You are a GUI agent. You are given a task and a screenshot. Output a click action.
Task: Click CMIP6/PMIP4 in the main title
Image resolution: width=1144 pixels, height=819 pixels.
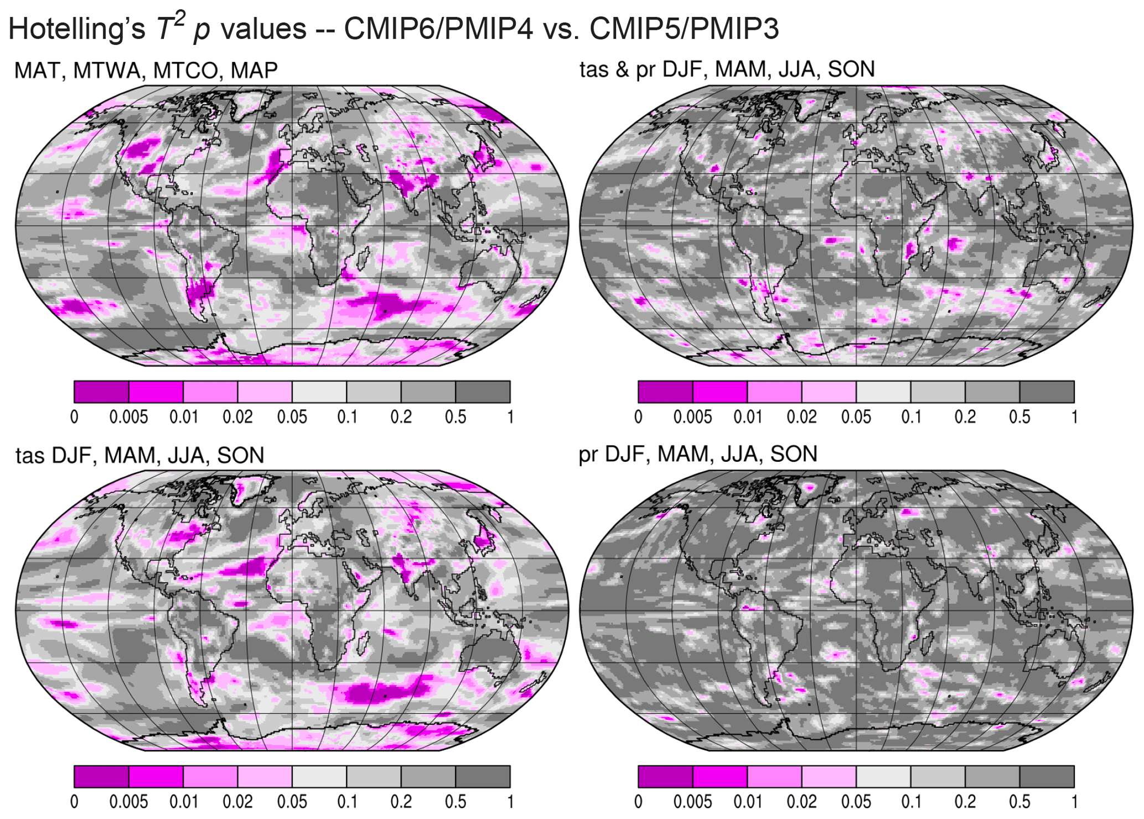438,28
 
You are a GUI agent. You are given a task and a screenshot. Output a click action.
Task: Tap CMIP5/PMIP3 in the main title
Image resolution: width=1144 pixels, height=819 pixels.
684,28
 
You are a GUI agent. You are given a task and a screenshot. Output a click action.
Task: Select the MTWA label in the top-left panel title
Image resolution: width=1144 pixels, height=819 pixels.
109,71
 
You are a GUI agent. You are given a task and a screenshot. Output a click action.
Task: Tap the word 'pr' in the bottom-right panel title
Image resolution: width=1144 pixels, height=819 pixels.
589,455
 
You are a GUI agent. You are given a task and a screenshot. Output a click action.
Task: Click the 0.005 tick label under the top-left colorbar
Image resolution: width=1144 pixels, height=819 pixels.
128,417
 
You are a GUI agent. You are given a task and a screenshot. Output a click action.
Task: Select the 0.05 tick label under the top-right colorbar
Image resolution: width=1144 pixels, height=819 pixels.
856,417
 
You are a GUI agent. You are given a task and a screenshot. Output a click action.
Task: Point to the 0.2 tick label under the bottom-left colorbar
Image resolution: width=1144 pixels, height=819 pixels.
401,802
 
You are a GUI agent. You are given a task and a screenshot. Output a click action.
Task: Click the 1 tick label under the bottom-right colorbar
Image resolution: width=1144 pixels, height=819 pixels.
1074,802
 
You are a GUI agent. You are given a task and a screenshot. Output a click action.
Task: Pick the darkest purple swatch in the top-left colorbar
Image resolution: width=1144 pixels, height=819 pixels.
101,392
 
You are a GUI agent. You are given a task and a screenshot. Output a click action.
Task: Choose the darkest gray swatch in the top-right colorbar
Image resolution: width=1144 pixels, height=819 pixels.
1047,392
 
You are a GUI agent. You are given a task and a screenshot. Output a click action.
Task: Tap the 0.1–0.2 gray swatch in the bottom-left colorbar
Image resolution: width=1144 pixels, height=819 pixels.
374,776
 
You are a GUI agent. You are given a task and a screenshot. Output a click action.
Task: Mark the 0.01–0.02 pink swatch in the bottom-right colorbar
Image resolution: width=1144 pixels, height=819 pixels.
774,776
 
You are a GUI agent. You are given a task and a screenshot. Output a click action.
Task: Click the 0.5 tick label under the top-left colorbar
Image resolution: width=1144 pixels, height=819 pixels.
455,417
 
